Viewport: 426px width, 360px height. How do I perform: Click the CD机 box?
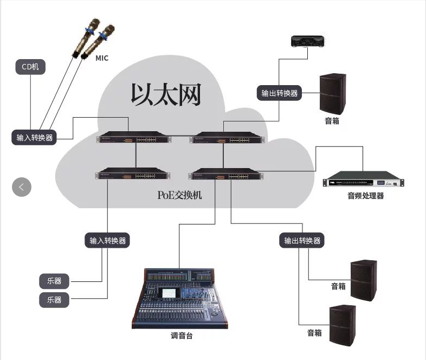click(x=30, y=67)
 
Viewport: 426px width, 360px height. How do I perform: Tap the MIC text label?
click(x=102, y=58)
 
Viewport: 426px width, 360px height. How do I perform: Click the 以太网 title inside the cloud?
click(x=166, y=94)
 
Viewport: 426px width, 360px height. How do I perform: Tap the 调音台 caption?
click(x=181, y=336)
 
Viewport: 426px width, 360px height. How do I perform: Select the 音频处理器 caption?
click(x=365, y=196)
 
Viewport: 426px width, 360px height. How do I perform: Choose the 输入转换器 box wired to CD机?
click(x=34, y=137)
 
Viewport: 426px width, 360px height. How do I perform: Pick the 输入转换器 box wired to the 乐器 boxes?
click(x=108, y=240)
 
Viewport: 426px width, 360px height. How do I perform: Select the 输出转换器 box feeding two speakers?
click(x=302, y=240)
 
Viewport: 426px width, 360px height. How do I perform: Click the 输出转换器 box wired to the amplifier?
click(x=279, y=93)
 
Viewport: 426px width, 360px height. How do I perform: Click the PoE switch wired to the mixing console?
click(x=226, y=175)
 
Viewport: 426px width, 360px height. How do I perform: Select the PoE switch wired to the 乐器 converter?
click(x=133, y=175)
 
